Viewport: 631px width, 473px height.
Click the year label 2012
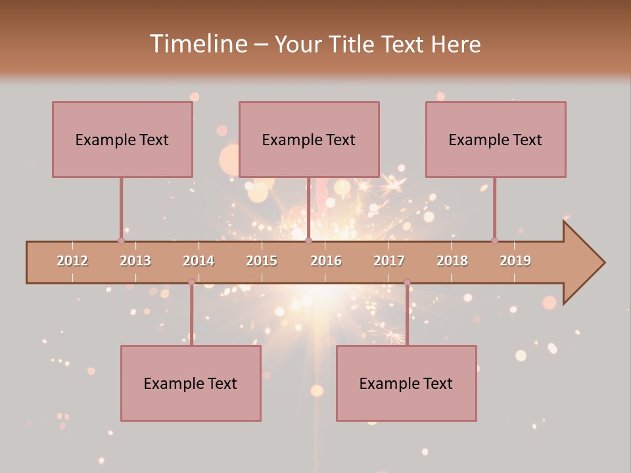click(x=72, y=261)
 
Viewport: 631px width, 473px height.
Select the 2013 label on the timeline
click(x=135, y=261)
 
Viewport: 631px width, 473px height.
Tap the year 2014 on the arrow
click(x=199, y=261)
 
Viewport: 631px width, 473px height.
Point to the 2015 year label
click(x=262, y=261)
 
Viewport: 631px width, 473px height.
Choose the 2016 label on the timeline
click(x=326, y=261)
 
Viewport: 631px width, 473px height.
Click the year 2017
click(x=389, y=261)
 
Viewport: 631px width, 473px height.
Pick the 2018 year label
click(x=452, y=261)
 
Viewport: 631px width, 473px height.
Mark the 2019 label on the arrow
click(x=515, y=261)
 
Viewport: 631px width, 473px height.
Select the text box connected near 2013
click(x=122, y=139)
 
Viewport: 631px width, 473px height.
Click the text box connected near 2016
click(x=309, y=139)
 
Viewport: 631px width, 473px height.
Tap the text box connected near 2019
click(x=496, y=139)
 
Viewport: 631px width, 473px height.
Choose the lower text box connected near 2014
click(x=191, y=383)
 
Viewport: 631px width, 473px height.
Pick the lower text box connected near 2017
click(x=406, y=383)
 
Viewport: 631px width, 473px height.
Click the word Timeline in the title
click(x=197, y=44)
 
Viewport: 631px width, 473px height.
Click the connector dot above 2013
click(x=121, y=240)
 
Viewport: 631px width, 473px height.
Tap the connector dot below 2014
click(x=191, y=282)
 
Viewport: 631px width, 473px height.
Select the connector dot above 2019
click(x=494, y=240)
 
